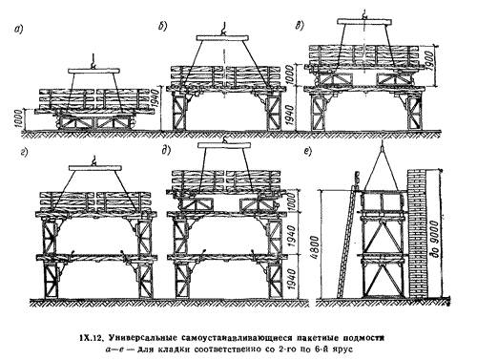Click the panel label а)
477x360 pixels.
18,30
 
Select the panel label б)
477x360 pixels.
162,27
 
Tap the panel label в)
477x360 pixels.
300,26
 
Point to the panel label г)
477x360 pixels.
24,153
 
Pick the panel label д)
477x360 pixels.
166,151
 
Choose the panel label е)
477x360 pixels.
307,152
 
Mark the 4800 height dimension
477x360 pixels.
315,248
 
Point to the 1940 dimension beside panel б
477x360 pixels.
155,99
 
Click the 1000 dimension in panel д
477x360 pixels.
292,201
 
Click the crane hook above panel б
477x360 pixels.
223,29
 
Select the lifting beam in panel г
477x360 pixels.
95,168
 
